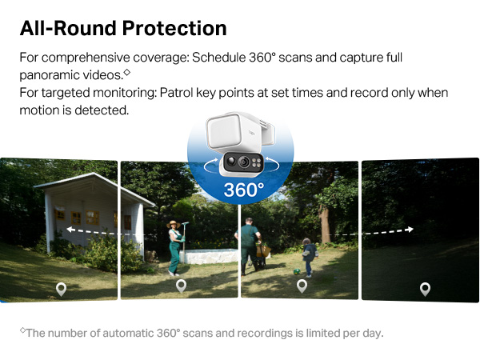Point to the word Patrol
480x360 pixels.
(x=175, y=93)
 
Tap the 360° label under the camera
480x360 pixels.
(x=242, y=190)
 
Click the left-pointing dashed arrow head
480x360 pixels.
(x=70, y=229)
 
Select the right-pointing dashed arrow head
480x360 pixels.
(x=410, y=229)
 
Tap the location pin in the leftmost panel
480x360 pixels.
(x=61, y=288)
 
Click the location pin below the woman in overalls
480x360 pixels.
(x=181, y=286)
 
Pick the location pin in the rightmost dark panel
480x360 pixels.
(x=425, y=289)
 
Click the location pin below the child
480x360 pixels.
(x=302, y=286)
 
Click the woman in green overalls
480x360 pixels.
(x=174, y=247)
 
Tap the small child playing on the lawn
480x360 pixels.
(x=308, y=257)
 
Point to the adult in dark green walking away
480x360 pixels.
(x=250, y=243)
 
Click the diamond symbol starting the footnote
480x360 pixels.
(x=23, y=330)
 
